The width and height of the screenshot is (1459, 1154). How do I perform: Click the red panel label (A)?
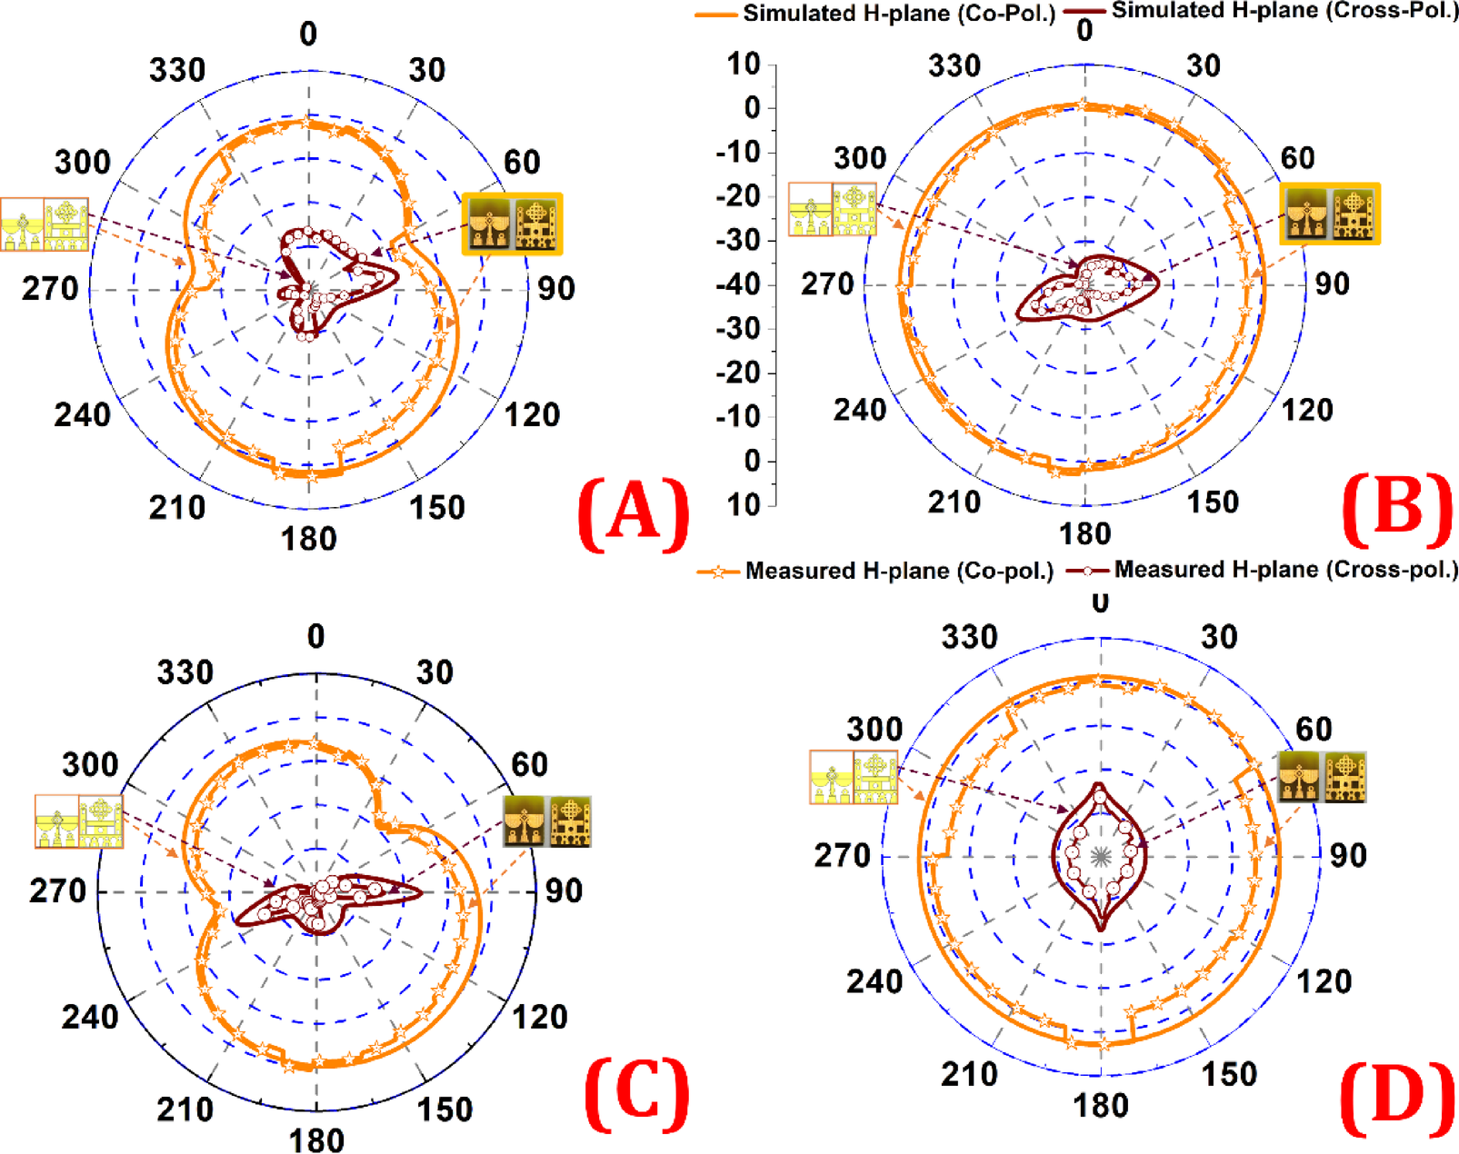click(x=634, y=515)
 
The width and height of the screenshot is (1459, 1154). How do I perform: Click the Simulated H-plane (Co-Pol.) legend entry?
click(x=874, y=14)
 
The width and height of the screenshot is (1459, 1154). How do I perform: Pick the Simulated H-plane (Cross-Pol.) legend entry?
click(x=1265, y=11)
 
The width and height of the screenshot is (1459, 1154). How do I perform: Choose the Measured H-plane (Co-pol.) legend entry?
click(x=875, y=572)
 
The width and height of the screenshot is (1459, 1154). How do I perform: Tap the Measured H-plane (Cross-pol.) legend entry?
click(x=1264, y=570)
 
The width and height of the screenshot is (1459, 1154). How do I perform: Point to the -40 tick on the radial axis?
click(x=738, y=285)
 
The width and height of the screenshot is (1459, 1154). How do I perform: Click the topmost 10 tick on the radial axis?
click(x=744, y=65)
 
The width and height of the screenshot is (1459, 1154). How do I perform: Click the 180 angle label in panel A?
click(x=309, y=540)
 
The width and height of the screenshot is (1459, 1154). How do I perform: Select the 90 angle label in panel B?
click(x=1332, y=284)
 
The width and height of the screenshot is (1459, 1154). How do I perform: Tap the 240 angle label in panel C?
click(x=90, y=1017)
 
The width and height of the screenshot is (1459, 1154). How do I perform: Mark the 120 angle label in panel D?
click(x=1324, y=981)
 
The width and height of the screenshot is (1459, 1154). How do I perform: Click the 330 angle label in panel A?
click(x=177, y=71)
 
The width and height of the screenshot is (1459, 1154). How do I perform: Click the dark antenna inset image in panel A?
click(x=512, y=224)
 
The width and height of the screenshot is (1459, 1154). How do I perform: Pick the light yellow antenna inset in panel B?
click(x=833, y=209)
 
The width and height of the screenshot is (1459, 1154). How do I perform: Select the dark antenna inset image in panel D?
click(x=1322, y=777)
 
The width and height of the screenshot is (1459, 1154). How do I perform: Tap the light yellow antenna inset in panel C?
click(x=79, y=821)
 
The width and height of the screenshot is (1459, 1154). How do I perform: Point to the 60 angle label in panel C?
click(x=529, y=764)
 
